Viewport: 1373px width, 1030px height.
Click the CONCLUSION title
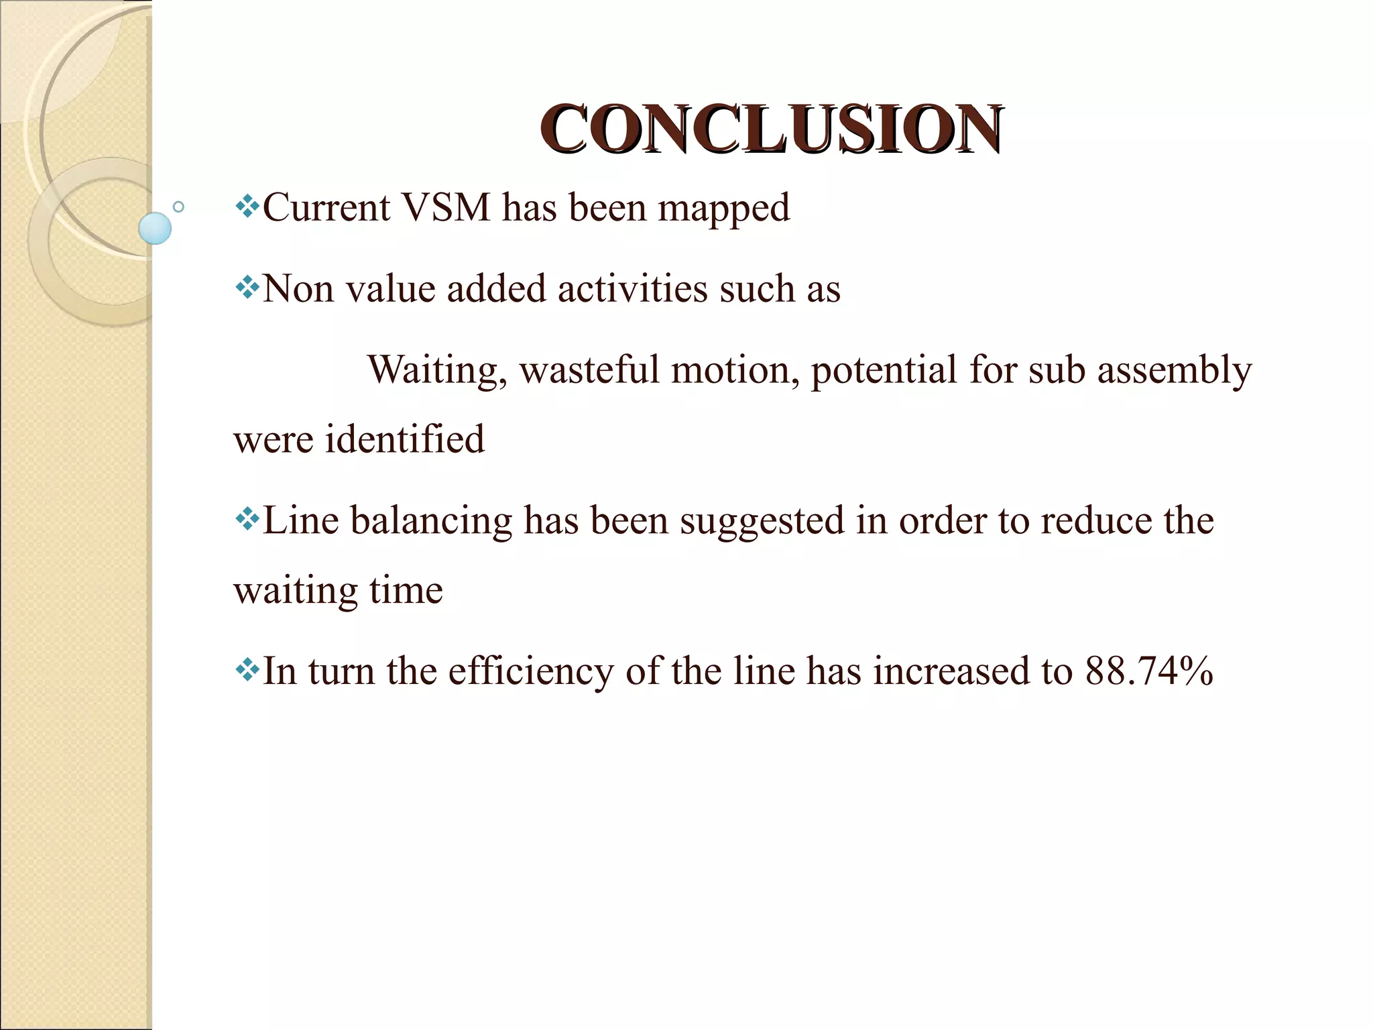point(771,129)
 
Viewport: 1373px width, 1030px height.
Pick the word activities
point(632,289)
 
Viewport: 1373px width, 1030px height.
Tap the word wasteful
point(589,369)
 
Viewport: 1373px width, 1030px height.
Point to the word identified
point(404,439)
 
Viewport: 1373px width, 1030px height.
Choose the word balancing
point(431,521)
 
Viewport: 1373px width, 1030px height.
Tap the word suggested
point(762,521)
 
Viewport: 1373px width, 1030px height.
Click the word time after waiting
point(406,590)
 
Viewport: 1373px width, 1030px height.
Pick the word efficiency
point(530,671)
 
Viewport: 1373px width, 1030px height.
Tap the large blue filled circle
point(155,228)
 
